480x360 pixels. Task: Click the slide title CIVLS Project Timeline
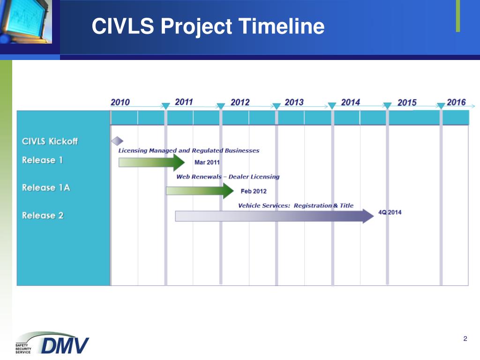tap(208, 26)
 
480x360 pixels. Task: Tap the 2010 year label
tap(120, 102)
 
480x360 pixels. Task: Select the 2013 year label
tap(294, 102)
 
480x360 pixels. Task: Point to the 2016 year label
tap(456, 102)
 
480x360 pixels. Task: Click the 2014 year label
tap(351, 102)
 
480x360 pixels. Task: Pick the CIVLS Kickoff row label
tap(50, 141)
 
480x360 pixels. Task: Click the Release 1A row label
tap(46, 187)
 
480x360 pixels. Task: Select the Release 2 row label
tap(43, 215)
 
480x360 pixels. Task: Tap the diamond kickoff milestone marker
tap(117, 141)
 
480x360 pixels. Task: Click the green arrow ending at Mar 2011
tap(151, 163)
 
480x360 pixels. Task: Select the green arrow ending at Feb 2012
tap(200, 191)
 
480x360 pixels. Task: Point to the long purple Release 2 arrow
tap(274, 216)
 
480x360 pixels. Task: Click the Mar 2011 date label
tap(207, 162)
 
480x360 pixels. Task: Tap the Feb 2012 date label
tap(254, 191)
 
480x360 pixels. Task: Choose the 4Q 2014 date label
tap(390, 212)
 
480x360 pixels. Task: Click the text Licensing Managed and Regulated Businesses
tap(188, 150)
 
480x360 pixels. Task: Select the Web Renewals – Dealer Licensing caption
tap(228, 177)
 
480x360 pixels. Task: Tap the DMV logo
tap(52, 343)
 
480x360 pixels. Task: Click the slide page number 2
tap(465, 338)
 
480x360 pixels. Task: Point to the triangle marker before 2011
tap(165, 106)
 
